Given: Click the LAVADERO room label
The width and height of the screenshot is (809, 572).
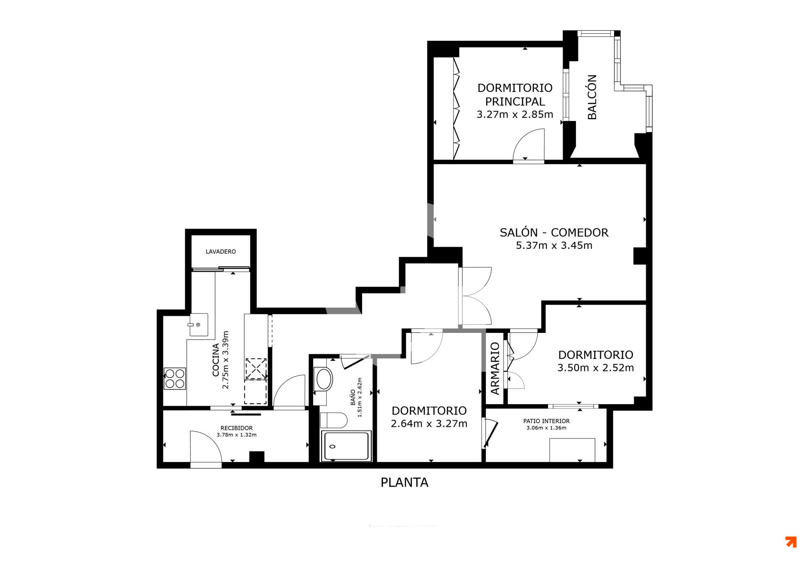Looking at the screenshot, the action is [x=220, y=252].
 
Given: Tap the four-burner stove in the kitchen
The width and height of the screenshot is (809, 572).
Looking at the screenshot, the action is [x=175, y=379].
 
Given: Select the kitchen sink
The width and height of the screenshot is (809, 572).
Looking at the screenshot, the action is [x=199, y=324].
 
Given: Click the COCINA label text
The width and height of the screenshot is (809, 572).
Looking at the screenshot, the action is [x=216, y=360].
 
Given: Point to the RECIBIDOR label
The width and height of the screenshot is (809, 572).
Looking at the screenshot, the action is [x=237, y=428].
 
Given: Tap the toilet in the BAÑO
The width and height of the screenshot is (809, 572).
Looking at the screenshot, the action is [x=334, y=420].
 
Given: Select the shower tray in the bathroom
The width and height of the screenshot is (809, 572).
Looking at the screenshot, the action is [x=346, y=446].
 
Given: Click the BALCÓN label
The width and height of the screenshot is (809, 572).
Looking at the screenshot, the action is [x=592, y=97].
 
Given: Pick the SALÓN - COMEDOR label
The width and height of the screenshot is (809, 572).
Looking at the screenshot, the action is [x=554, y=233].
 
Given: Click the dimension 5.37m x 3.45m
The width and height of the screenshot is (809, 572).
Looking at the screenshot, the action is [x=554, y=246].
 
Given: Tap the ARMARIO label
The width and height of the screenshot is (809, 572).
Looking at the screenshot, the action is [x=495, y=368].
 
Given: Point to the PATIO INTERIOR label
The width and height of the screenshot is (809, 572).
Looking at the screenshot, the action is [x=546, y=421].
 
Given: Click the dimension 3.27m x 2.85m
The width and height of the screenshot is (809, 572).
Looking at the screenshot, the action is [x=515, y=114].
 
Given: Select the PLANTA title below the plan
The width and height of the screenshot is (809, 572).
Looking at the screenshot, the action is [x=404, y=482].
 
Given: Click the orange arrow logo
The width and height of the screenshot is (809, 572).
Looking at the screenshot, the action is [x=791, y=542].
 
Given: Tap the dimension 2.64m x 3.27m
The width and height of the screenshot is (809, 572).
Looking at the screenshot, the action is [x=429, y=424].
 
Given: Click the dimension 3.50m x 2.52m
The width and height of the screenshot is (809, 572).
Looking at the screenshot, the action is [x=595, y=368].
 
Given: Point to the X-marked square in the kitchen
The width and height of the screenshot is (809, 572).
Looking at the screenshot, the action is [x=256, y=369].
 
